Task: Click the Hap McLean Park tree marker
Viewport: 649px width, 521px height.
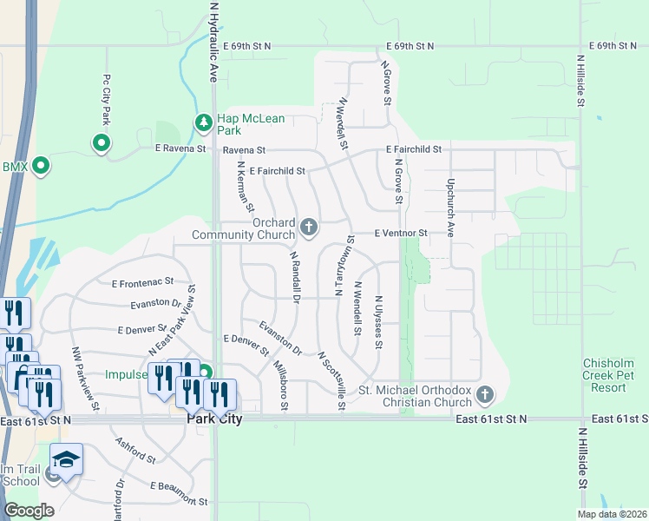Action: pos(204,123)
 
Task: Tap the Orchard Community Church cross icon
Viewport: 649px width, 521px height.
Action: pos(308,228)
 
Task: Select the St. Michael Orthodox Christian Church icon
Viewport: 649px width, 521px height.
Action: pos(485,396)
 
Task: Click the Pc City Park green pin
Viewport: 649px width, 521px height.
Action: pos(102,143)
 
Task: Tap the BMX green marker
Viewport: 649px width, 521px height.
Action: pos(39,166)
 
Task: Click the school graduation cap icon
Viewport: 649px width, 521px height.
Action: pos(66,458)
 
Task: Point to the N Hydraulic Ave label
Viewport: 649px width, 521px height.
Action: pos(213,42)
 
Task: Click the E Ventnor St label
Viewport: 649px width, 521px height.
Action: pos(402,234)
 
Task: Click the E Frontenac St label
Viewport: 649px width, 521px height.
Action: pos(143,282)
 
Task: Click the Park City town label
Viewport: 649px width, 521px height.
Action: pos(214,419)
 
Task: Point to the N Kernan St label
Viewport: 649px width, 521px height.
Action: pos(245,188)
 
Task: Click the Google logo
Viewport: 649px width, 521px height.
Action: pos(29,511)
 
